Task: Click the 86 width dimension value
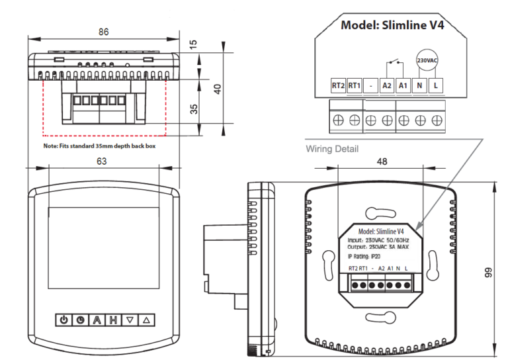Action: (103, 31)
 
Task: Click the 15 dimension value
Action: (192, 44)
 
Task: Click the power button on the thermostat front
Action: (63, 320)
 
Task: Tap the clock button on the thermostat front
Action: (80, 320)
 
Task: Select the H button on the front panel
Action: (113, 320)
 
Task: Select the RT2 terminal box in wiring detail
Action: (338, 85)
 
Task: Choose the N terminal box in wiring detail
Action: (420, 85)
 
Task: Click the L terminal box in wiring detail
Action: (436, 85)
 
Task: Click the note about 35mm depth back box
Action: (99, 145)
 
